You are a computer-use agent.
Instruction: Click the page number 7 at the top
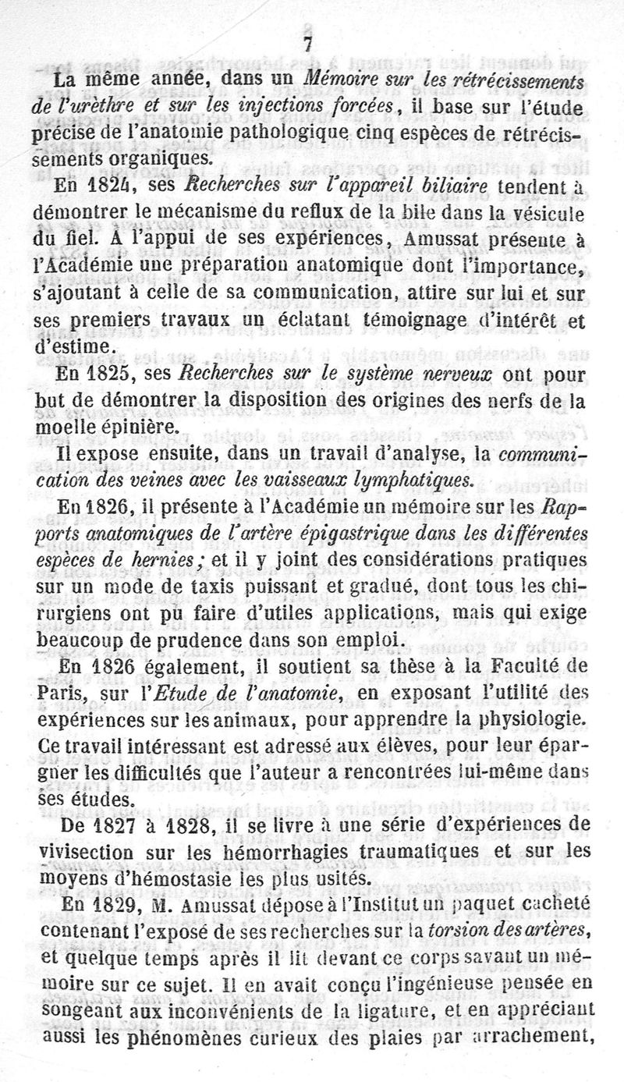[x=311, y=44]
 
